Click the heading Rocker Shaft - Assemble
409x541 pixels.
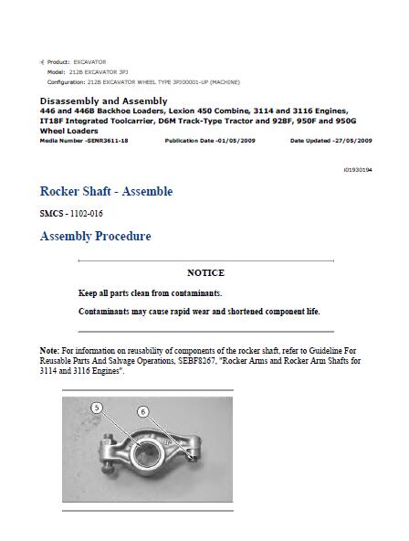106,191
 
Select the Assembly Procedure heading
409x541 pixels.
95,236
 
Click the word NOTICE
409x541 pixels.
205,272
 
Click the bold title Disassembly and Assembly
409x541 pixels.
103,101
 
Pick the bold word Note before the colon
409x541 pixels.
49,350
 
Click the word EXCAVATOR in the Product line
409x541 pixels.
89,61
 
